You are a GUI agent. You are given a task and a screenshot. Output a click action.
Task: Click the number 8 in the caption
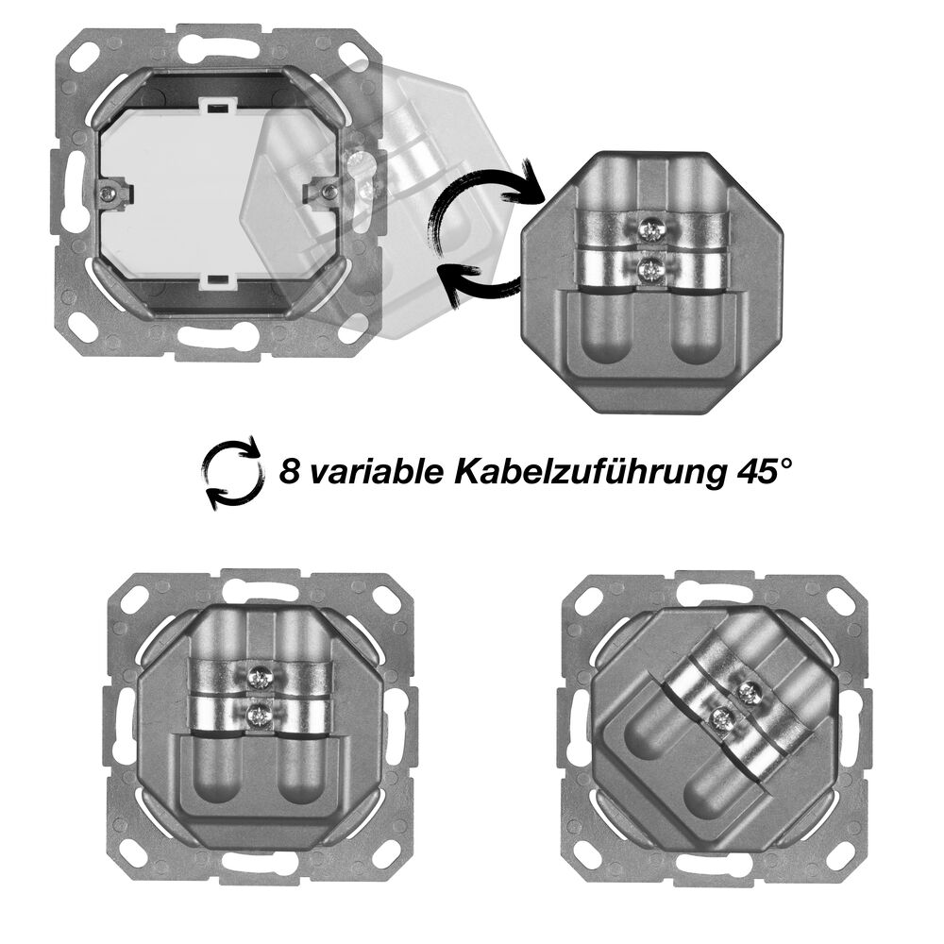click(x=290, y=470)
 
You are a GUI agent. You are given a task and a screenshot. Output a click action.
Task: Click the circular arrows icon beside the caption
click(x=233, y=472)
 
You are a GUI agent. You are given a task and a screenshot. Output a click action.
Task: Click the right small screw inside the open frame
click(x=329, y=192)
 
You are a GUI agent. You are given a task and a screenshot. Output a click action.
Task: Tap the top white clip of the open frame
click(x=218, y=106)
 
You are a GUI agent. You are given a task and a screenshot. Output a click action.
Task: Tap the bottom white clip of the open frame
click(x=217, y=278)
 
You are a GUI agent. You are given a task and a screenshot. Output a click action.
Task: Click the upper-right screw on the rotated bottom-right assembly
click(x=749, y=692)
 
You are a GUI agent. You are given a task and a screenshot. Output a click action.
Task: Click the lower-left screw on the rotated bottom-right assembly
click(x=718, y=718)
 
